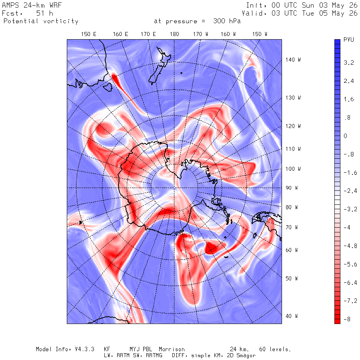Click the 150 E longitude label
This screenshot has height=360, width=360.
point(89,34)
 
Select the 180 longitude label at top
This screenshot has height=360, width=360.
point(174,34)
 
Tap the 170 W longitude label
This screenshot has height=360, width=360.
point(200,34)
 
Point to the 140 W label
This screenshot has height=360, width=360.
point(293,60)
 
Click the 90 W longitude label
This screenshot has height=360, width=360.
point(292,188)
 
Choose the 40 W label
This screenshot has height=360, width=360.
point(292,316)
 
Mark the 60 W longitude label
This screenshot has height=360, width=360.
point(292,250)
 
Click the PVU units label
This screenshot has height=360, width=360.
point(348,40)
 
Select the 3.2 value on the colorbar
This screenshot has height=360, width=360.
point(348,63)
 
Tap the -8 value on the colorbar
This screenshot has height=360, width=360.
point(347,319)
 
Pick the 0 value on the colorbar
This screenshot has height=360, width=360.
point(345,136)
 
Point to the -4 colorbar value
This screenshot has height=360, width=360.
point(347,228)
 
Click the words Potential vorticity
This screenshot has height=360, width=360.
point(41,21)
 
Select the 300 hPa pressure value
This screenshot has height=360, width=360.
point(227,21)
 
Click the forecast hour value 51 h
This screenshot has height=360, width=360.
point(44,13)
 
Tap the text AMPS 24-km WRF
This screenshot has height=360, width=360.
point(32,5)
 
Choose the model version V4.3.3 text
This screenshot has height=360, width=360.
point(84,349)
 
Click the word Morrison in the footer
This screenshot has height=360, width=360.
point(172,349)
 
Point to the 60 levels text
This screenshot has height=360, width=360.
point(275,349)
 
